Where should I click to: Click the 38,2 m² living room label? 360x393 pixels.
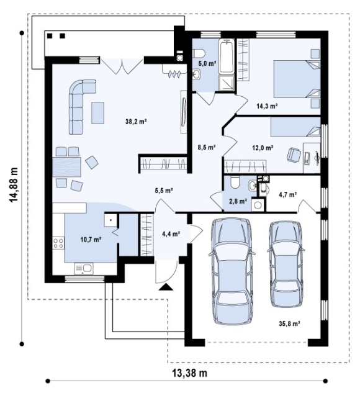(x=136, y=122)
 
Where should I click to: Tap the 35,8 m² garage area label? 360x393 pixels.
(x=290, y=323)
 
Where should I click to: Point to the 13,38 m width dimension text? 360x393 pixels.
(x=190, y=373)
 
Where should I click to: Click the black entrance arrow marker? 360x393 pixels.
(x=166, y=287)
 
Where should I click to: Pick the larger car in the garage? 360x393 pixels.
(x=232, y=271)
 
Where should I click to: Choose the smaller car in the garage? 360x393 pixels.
(x=286, y=264)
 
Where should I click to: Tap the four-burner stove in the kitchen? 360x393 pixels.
(x=58, y=243)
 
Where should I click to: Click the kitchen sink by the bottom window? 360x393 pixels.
(x=84, y=268)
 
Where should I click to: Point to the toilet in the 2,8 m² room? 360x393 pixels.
(x=235, y=183)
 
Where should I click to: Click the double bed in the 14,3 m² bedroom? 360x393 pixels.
(x=297, y=79)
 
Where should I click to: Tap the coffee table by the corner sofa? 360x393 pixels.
(x=97, y=113)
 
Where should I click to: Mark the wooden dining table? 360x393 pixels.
(x=67, y=167)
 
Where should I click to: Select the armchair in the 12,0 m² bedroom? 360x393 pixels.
(x=294, y=155)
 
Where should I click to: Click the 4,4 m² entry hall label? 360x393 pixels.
(x=171, y=234)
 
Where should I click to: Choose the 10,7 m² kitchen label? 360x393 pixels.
(x=91, y=240)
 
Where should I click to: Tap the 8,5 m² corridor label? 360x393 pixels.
(x=207, y=147)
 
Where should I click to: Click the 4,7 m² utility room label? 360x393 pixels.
(x=288, y=194)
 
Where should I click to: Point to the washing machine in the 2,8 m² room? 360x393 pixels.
(x=258, y=205)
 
